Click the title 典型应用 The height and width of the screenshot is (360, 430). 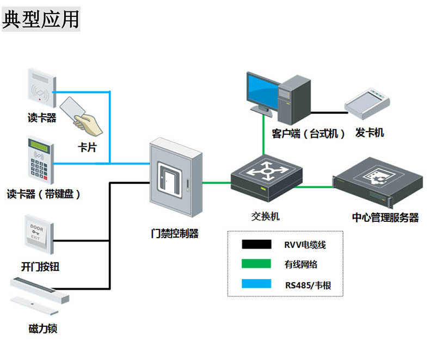pyautogui.click(x=41, y=18)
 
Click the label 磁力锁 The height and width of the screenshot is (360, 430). pyautogui.click(x=42, y=328)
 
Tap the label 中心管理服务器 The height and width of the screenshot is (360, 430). pyautogui.click(x=385, y=218)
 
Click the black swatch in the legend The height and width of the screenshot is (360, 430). pyautogui.click(x=256, y=245)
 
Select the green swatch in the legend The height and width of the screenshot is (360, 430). pyautogui.click(x=256, y=264)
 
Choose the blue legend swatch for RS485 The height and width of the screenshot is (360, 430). pyautogui.click(x=256, y=284)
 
